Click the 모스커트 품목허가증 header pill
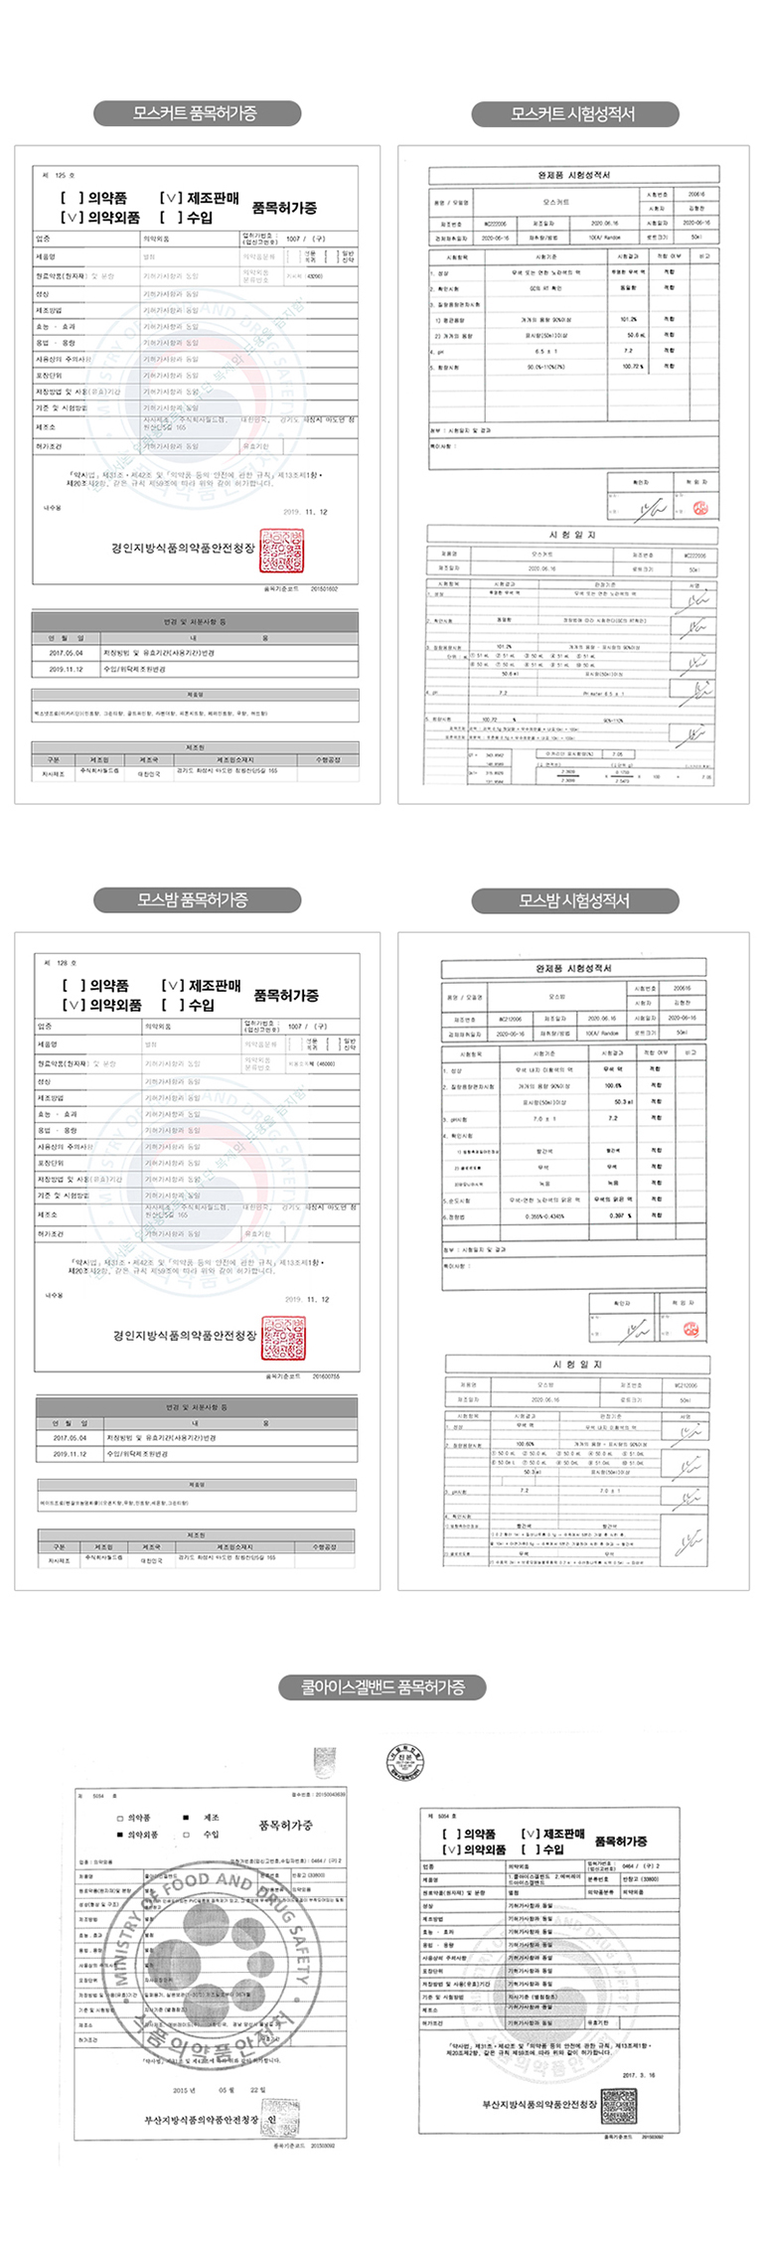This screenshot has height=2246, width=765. pos(197,113)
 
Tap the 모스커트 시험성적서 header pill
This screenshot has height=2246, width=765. pos(573,113)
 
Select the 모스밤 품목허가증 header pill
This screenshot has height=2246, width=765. pos(197,900)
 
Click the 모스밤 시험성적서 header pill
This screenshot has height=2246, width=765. pos(573,900)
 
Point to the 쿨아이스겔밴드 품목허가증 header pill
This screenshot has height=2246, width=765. pos(382,1686)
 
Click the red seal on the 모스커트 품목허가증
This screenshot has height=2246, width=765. pos(281,550)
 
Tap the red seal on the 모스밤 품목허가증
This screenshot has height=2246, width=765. pos(283,1338)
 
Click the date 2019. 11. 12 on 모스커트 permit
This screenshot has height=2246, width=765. pos(305,512)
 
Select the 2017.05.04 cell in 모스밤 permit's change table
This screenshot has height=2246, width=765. pos(70,1437)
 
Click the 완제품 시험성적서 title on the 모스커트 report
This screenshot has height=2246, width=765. pos(573,175)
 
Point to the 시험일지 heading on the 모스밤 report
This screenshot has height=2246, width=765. pos(576,1364)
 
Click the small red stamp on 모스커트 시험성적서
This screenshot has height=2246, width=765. pos(700,509)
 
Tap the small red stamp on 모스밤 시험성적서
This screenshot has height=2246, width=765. pos(690,1330)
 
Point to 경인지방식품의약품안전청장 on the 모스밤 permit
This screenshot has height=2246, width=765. pos(184,1336)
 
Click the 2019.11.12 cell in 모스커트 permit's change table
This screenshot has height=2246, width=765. pos(66,669)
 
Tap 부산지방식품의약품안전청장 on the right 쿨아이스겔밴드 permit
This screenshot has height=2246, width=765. pos(539,2105)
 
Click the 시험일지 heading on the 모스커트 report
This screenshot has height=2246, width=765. pos(573,535)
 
